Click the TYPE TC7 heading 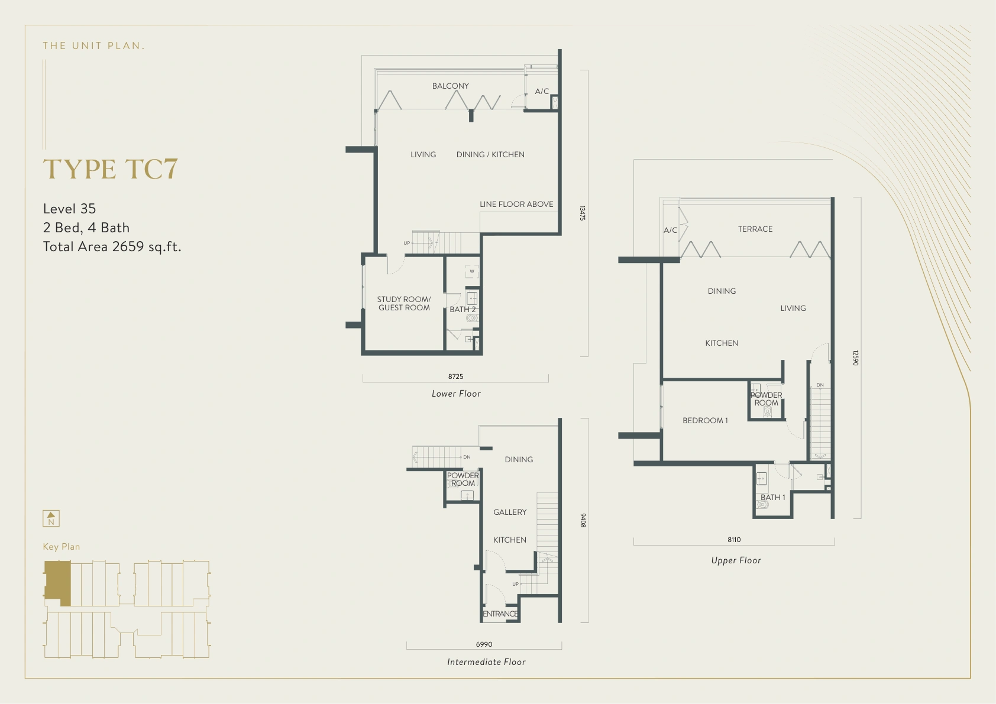[x=110, y=169]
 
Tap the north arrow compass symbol [x=51, y=518]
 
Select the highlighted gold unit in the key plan [x=57, y=582]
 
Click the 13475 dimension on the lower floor [x=583, y=213]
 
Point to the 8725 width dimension [x=455, y=377]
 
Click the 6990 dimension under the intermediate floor [x=484, y=644]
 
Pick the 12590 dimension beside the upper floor [x=855, y=358]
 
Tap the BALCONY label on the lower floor [x=450, y=86]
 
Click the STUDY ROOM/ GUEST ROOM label [x=404, y=303]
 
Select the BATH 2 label [x=463, y=309]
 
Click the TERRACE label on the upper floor [x=755, y=229]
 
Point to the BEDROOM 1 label [x=705, y=420]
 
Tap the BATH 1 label [x=772, y=497]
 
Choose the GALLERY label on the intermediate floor [x=510, y=512]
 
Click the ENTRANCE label [x=500, y=614]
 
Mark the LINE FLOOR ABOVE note [x=516, y=204]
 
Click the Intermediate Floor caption [x=486, y=662]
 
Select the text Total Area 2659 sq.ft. [x=112, y=246]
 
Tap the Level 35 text [x=69, y=209]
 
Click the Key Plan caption [x=61, y=547]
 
